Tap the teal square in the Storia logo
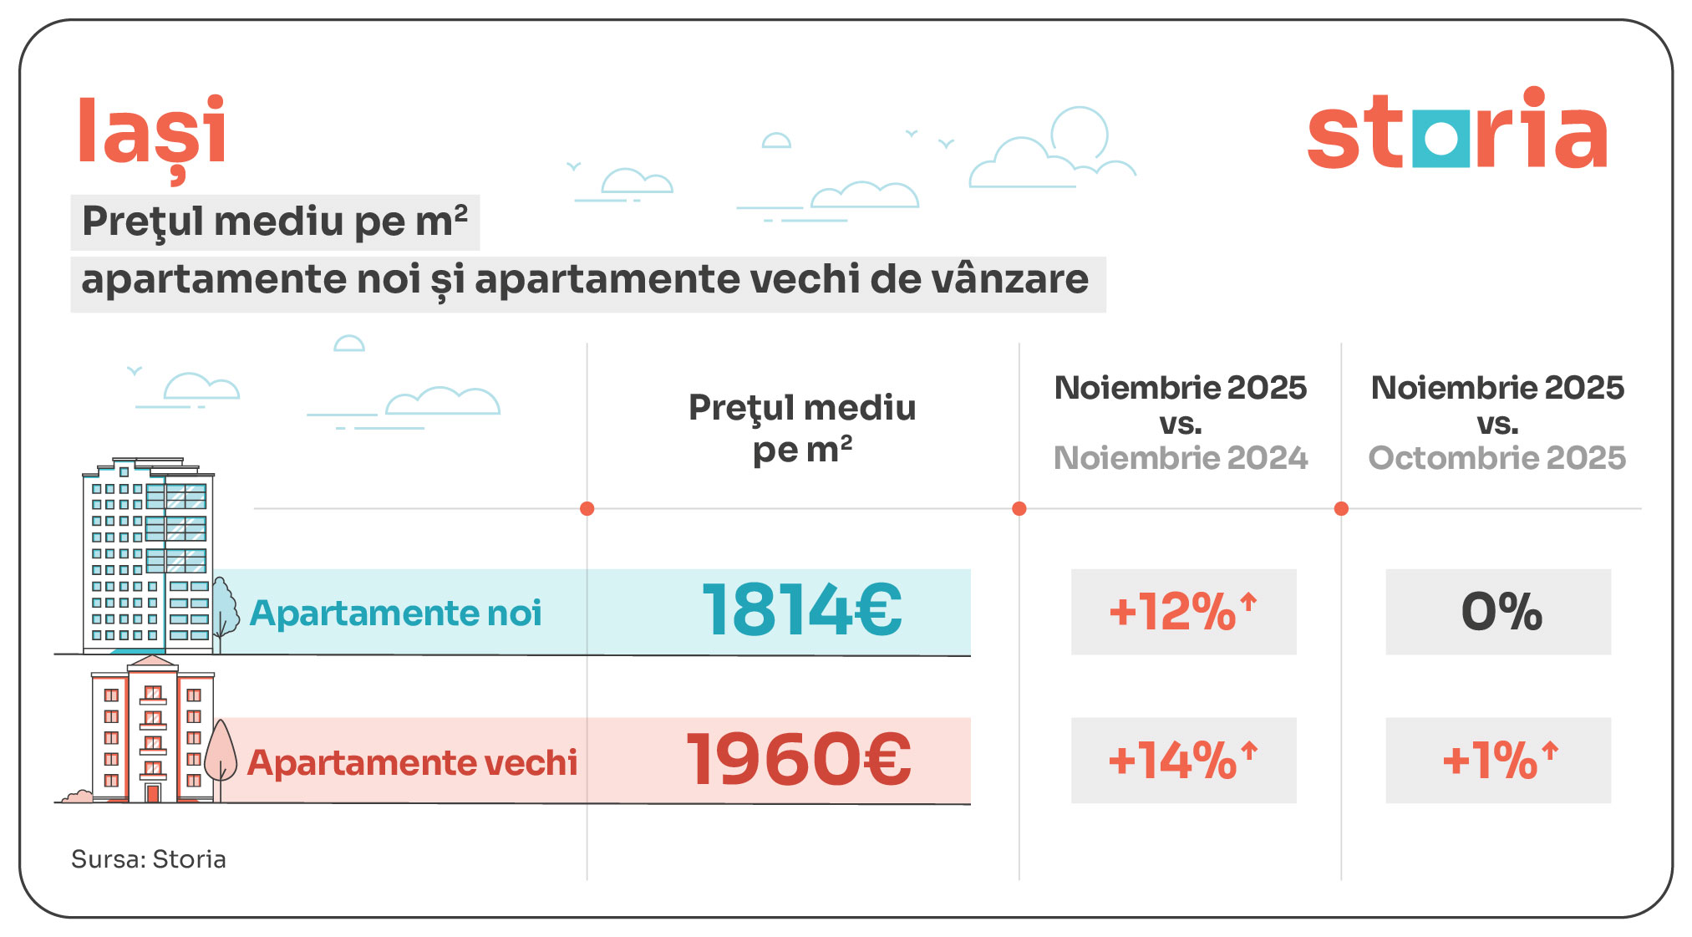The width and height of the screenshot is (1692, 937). coord(1440,138)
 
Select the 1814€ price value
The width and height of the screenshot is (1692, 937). coord(802,610)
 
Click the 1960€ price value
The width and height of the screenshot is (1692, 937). coord(799,759)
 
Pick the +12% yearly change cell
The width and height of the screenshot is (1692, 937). coord(1183,612)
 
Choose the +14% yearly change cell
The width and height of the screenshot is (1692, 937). coord(1183,761)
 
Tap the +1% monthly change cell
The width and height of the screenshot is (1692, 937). coord(1498,761)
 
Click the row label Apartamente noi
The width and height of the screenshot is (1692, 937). coord(395,614)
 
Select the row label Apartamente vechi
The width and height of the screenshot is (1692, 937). coord(412,762)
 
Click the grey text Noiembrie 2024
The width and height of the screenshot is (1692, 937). coord(1180,458)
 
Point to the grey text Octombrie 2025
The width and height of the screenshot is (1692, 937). coord(1496,458)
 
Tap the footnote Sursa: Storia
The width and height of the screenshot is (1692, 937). coord(149,859)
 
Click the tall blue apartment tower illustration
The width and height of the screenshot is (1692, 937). coord(148,556)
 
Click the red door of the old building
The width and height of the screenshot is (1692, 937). coord(153,792)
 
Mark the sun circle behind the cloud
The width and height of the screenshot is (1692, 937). coord(1080,132)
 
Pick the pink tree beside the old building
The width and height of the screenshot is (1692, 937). coord(221,752)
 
